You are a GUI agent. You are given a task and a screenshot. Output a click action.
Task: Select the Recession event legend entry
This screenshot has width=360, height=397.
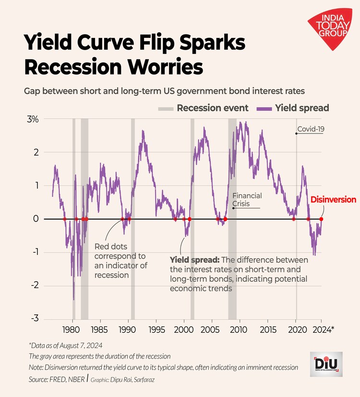pos(204,108)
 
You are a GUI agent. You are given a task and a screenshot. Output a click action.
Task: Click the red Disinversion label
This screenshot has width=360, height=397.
pos(333,200)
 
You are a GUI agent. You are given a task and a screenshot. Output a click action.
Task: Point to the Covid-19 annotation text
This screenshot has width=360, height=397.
pos(311,129)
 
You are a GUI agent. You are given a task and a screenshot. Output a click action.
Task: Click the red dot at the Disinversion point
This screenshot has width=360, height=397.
pos(321,219)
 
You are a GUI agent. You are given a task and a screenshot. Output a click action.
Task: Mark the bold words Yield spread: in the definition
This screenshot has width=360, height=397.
pos(194,260)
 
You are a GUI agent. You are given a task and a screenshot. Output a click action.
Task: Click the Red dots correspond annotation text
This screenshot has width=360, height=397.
pos(120,261)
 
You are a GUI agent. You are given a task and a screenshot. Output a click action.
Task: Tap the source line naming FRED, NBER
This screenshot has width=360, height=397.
pos(56,379)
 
